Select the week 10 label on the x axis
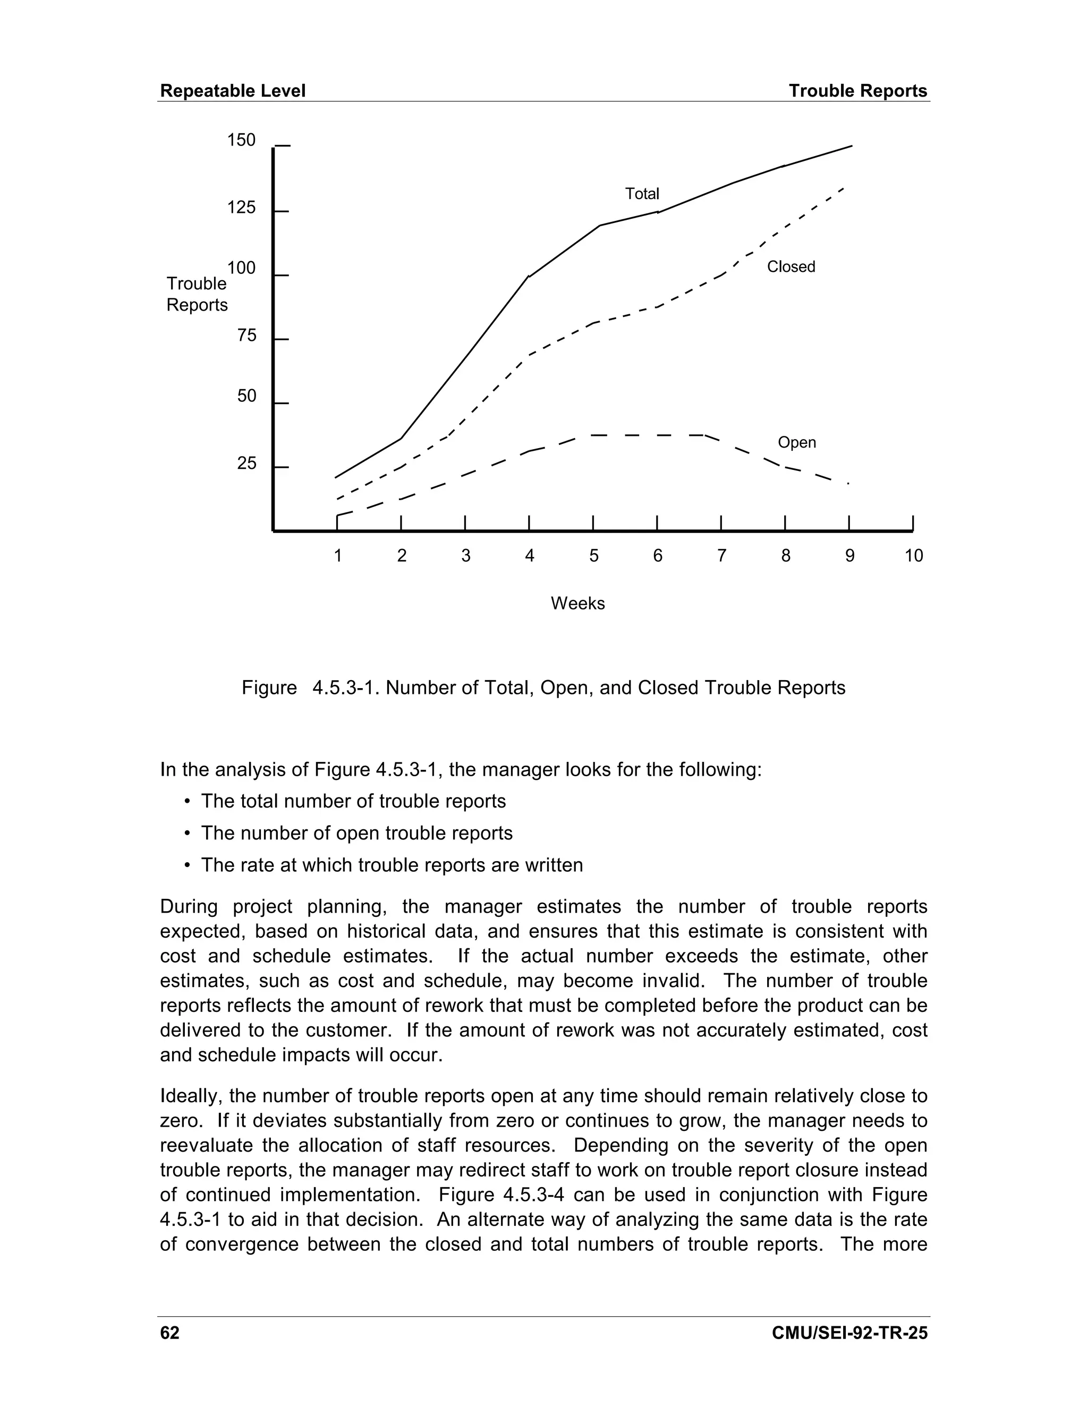(x=913, y=555)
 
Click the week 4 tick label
(x=529, y=555)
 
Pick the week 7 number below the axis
(x=721, y=555)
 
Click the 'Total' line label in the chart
(x=642, y=194)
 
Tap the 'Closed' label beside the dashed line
(x=791, y=267)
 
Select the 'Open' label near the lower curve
(x=797, y=443)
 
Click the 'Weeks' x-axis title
(x=577, y=604)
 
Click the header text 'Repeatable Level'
(x=233, y=91)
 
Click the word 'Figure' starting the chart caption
(x=269, y=688)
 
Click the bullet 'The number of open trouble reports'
(x=356, y=833)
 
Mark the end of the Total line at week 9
(x=852, y=146)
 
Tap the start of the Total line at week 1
(x=336, y=477)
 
